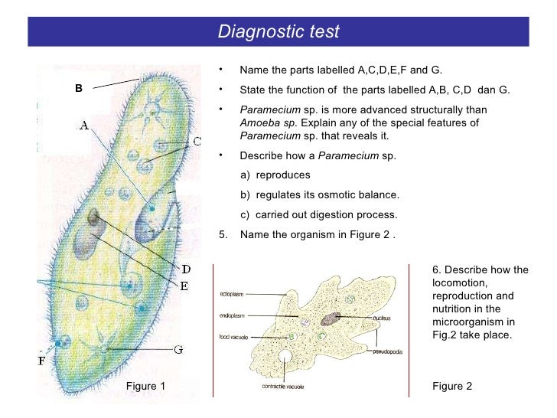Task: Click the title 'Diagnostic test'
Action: pos(278,32)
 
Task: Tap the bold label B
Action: pos(78,88)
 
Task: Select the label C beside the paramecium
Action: pos(197,141)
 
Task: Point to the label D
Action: pos(186,269)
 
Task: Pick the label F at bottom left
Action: pos(42,361)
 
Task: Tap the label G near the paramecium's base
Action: pos(178,350)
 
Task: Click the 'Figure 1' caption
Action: pos(145,386)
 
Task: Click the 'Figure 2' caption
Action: pos(452,386)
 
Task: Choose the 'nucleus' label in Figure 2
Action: pos(383,317)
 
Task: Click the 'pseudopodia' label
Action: pos(387,351)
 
